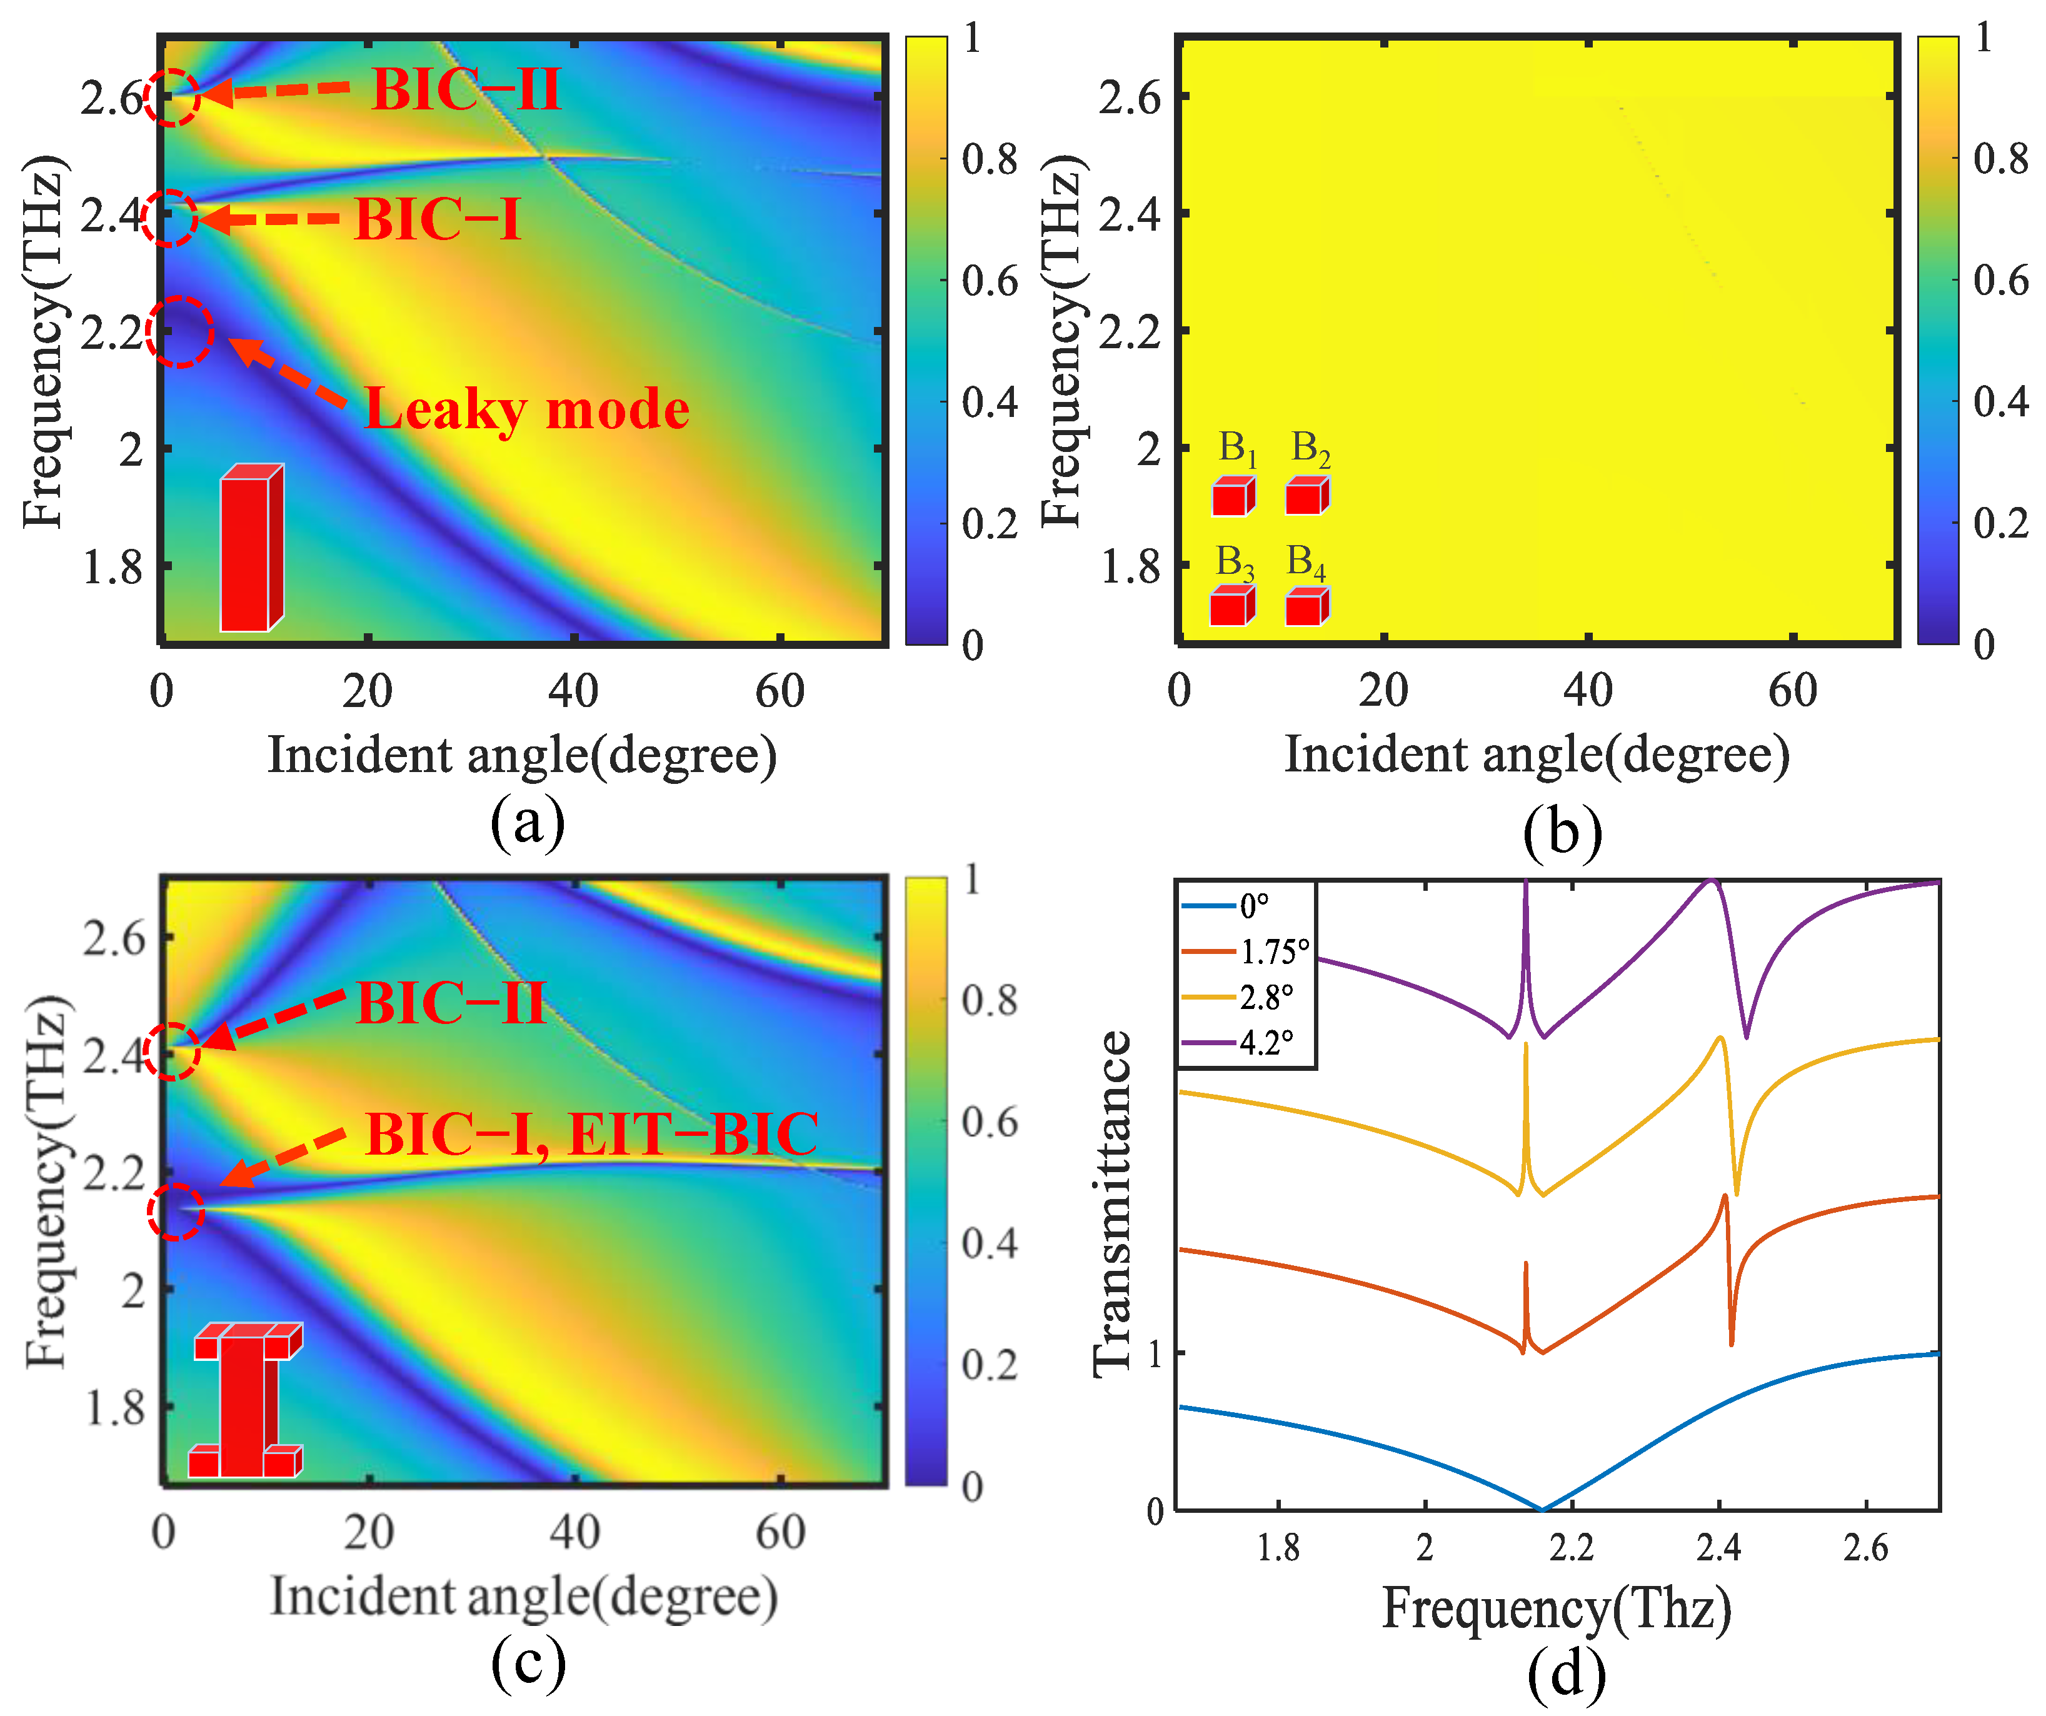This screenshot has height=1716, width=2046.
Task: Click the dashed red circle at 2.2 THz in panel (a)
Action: coord(179,333)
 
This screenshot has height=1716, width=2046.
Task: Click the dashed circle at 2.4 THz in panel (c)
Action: coord(171,1051)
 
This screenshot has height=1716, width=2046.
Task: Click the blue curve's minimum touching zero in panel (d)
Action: coord(1542,1510)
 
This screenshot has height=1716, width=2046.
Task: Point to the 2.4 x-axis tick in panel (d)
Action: coord(1718,1547)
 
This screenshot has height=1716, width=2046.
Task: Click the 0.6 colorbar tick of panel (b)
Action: coord(2000,281)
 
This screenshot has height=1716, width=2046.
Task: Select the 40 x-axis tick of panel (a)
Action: coord(573,691)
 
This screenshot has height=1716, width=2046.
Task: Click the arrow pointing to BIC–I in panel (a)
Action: coord(268,219)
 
